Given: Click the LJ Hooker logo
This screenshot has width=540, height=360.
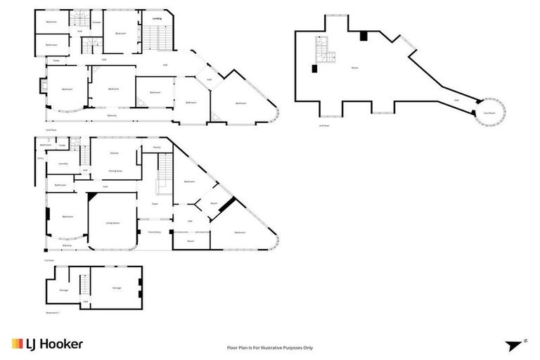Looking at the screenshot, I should click(x=47, y=344).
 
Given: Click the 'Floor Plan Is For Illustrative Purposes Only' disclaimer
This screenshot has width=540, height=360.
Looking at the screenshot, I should click(x=270, y=347).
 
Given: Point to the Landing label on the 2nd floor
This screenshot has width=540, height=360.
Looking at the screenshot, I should click(x=157, y=20).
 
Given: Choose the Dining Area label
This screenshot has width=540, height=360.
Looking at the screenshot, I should click(x=115, y=170).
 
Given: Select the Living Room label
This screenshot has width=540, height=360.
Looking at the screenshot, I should click(x=112, y=223).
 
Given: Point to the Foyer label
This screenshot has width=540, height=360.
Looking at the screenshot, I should click(x=155, y=204).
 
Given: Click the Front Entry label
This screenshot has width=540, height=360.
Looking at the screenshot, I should click(x=154, y=231).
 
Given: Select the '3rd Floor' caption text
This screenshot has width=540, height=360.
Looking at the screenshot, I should click(x=323, y=126).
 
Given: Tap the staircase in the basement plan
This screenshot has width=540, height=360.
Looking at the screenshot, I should click(x=85, y=285).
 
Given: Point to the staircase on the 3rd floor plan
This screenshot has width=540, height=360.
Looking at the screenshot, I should click(x=325, y=49).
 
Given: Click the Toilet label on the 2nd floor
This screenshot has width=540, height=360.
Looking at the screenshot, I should click(x=56, y=60).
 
